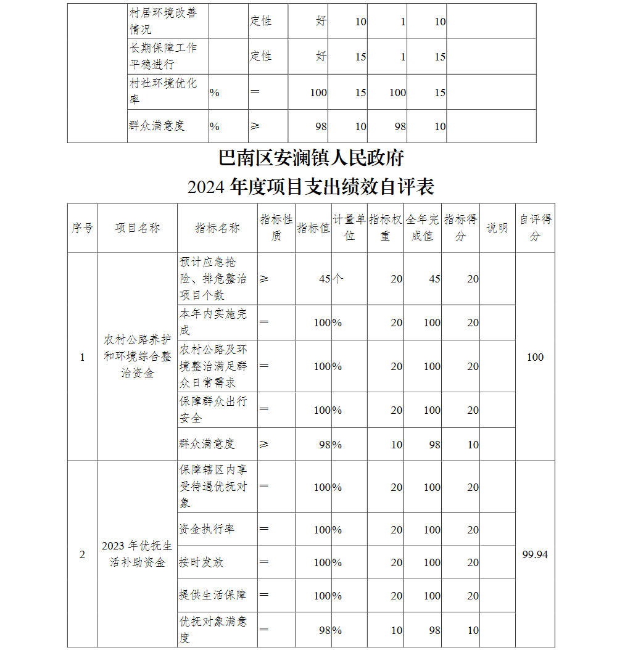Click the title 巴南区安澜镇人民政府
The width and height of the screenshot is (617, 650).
(x=311, y=158)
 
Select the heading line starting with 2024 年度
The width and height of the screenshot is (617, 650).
(x=311, y=186)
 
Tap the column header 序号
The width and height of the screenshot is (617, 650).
(x=82, y=228)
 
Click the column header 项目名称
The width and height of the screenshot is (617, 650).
(x=137, y=228)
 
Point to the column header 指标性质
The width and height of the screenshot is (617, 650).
(x=276, y=228)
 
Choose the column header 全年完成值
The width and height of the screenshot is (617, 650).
(x=423, y=228)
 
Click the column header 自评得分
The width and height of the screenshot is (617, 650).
(x=535, y=228)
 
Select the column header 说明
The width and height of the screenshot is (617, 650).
(x=497, y=228)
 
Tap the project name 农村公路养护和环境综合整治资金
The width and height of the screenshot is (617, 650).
(x=137, y=356)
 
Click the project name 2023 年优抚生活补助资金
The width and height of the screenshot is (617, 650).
(x=137, y=554)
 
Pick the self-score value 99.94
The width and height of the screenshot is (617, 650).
(x=535, y=554)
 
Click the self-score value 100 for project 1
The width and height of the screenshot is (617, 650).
(x=535, y=357)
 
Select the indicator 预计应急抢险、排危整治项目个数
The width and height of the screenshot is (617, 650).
(x=212, y=278)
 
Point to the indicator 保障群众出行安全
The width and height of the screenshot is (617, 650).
(x=212, y=409)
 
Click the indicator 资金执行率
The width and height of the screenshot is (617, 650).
(x=207, y=529)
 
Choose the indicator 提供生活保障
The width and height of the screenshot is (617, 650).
(x=212, y=595)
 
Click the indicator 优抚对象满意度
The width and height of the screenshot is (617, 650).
(x=212, y=629)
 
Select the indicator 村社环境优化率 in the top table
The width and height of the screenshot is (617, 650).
(x=164, y=91)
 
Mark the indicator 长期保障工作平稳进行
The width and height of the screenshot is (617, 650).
(x=164, y=56)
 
